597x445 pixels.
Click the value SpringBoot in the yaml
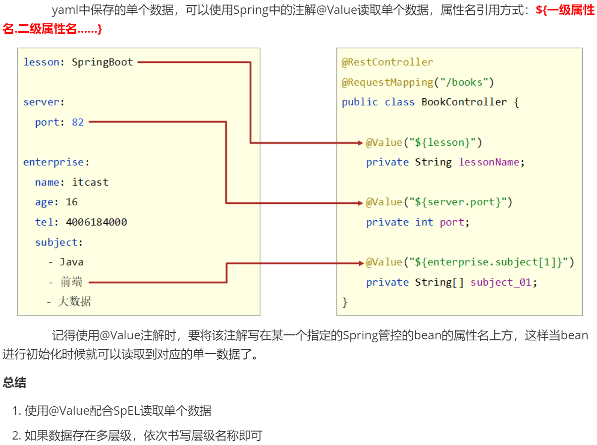(103, 63)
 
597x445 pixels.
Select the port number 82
(78, 122)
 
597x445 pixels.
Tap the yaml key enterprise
(54, 162)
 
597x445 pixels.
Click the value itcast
(90, 182)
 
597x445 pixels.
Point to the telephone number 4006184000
(96, 222)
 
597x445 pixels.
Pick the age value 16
(72, 202)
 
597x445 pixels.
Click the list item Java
(72, 262)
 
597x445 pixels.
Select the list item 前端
(71, 282)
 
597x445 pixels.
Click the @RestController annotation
(387, 62)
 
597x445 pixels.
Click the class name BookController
(464, 102)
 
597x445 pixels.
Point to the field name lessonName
(488, 162)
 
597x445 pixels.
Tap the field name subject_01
(500, 282)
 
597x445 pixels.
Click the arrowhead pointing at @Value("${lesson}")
(361, 143)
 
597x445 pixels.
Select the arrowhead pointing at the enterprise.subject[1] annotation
(361, 262)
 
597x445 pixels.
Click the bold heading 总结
(14, 382)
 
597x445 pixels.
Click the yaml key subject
(56, 242)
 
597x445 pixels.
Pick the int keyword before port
(424, 222)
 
